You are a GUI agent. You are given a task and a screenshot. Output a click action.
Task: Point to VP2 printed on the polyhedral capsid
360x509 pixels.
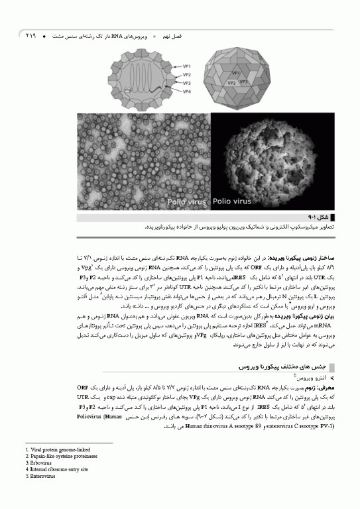(232, 84)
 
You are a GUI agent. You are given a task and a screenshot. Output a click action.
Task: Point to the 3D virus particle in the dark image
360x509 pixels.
(276, 159)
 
